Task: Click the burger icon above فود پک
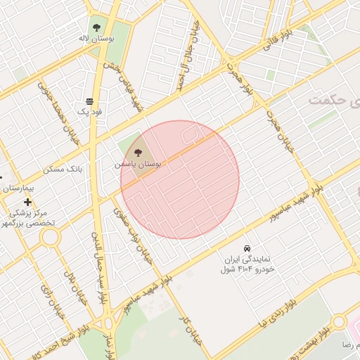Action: pyautogui.click(x=89, y=101)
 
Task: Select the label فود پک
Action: pyautogui.click(x=90, y=112)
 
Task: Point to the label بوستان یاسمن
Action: pyautogui.click(x=139, y=163)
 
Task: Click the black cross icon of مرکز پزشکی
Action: pyautogui.click(x=27, y=202)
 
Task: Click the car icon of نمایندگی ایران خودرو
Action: pyautogui.click(x=247, y=248)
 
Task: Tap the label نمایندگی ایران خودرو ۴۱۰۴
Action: pyautogui.click(x=248, y=264)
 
